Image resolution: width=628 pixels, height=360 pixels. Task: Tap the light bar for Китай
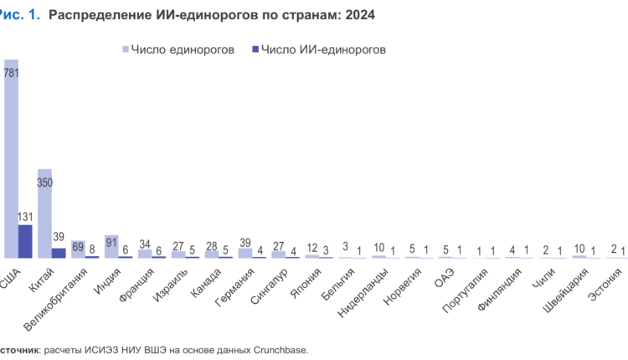coord(45,213)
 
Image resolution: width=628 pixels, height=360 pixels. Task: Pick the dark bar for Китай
coord(59,252)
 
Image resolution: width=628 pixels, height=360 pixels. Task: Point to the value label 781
coord(12,73)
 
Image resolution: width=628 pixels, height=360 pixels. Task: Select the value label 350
coord(45,182)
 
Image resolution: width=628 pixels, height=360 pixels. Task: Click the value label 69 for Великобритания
coord(78,248)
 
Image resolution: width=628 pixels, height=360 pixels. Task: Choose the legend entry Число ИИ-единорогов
coord(318,49)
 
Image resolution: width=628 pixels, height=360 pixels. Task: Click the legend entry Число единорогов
coord(176,49)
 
